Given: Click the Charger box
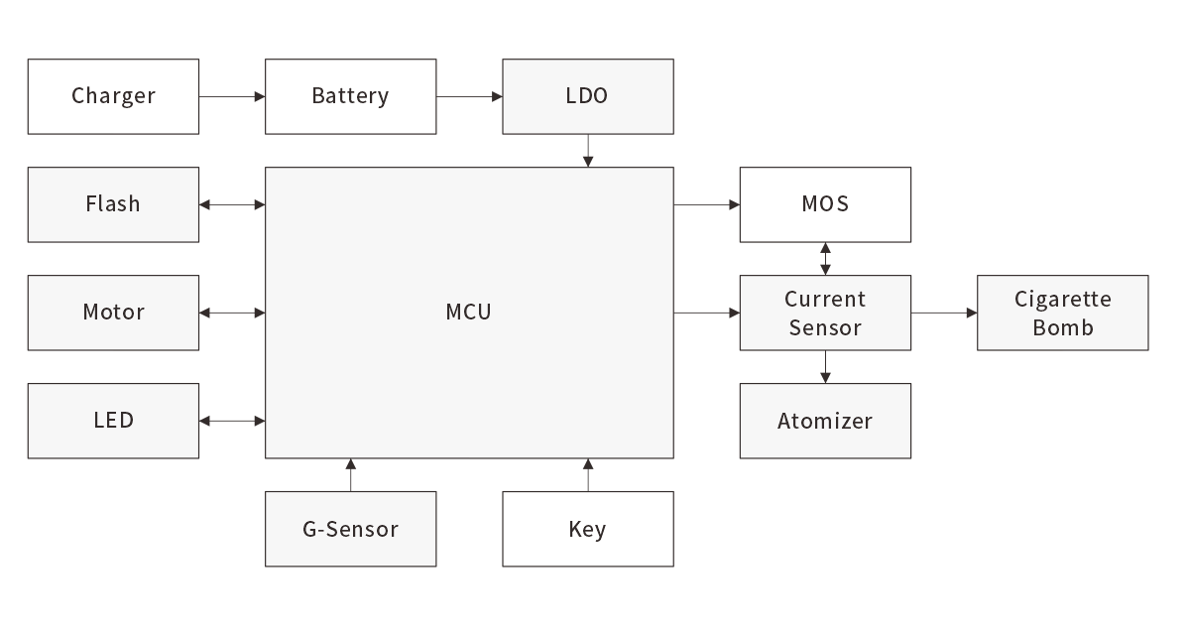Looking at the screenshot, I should (113, 96).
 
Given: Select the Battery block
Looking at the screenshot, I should (350, 96).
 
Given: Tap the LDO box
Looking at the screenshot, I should (587, 96).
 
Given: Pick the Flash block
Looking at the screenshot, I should (113, 204).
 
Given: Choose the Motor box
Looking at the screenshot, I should (113, 313).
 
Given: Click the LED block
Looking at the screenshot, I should (113, 421).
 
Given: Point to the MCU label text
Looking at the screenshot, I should (468, 313).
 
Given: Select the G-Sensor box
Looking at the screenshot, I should (350, 529).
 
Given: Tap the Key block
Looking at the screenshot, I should (587, 529).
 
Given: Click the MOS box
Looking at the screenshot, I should (825, 204).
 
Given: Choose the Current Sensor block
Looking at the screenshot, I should (825, 313).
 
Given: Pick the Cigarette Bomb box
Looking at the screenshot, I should (1062, 313).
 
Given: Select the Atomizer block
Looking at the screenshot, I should (825, 421).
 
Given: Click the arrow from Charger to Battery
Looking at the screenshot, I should (232, 96).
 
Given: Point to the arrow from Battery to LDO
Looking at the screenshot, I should (469, 96).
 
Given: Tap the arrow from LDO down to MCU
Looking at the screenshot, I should (588, 151).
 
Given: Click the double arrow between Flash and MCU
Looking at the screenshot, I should (232, 204).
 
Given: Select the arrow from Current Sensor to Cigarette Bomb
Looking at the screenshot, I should (944, 313).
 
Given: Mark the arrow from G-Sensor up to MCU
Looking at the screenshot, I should (350, 475).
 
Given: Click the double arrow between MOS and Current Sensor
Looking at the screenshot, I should (825, 259).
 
